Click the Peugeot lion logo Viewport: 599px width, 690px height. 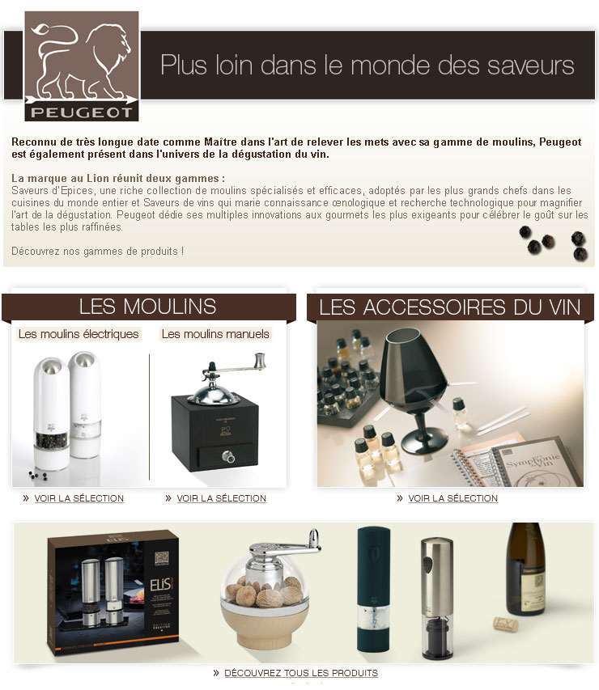(x=82, y=66)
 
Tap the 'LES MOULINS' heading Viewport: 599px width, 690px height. (x=148, y=307)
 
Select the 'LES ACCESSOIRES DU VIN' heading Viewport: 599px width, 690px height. (x=450, y=307)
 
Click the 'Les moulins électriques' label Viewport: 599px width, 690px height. (x=79, y=334)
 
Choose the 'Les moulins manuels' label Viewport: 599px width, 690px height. (x=215, y=334)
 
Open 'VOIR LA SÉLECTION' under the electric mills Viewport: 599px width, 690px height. (x=79, y=498)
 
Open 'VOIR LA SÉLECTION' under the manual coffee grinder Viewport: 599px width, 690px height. (x=222, y=498)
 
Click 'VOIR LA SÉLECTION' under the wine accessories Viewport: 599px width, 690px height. (x=452, y=498)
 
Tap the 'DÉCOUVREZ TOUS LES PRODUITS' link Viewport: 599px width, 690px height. (x=301, y=673)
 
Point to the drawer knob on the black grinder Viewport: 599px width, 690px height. (x=228, y=457)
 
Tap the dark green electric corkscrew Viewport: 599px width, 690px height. (x=373, y=589)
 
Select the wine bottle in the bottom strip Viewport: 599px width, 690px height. (x=525, y=569)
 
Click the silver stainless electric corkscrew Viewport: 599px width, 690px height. (x=436, y=598)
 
